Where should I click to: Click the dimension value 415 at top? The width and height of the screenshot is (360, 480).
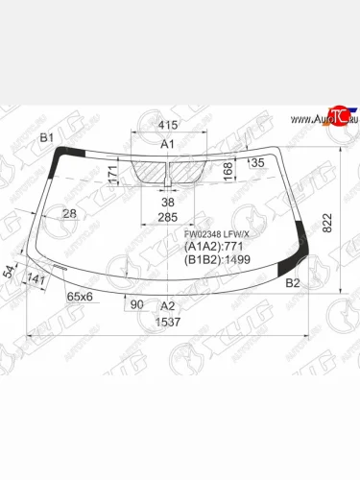[x=168, y=126]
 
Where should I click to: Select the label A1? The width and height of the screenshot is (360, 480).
[x=167, y=144]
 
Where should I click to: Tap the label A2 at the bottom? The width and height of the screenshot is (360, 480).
[x=167, y=305]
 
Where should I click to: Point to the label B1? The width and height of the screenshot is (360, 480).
[x=46, y=140]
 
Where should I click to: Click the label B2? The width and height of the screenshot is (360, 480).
[x=294, y=284]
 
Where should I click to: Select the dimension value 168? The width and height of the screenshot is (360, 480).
[x=228, y=170]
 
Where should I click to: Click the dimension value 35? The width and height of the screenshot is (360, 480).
[x=257, y=163]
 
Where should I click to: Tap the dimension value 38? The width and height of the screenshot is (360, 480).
[x=168, y=204]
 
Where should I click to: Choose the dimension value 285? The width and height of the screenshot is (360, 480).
[x=168, y=218]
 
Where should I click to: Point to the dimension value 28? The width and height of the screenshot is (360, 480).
[x=69, y=213]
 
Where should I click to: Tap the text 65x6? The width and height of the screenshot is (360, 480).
[x=80, y=297]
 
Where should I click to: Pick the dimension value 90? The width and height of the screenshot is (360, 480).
[x=137, y=305]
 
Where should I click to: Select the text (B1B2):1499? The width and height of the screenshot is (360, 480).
[x=218, y=260]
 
